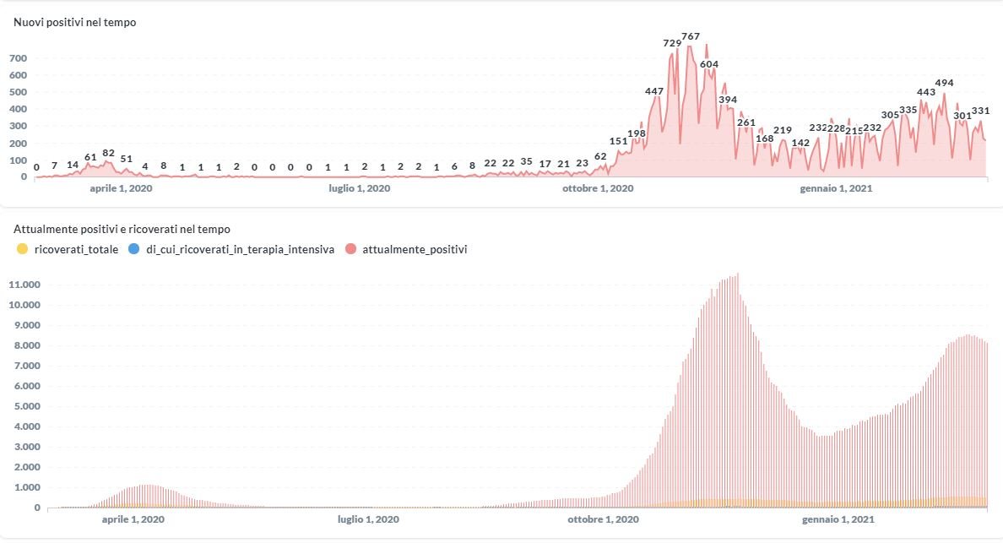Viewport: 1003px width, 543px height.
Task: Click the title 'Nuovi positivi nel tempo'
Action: pos(75,23)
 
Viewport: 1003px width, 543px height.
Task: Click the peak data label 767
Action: pos(691,36)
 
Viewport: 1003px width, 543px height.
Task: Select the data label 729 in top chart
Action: pos(672,43)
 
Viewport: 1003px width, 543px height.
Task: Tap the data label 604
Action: pos(709,64)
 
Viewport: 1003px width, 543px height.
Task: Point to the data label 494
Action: pos(944,83)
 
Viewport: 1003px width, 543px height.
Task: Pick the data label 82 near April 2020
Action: pos(108,153)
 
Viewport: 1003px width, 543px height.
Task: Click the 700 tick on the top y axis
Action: pos(19,58)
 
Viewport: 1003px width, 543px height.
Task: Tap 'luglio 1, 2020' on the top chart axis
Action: pos(360,188)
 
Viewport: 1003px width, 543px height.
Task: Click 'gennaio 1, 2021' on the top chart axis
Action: pos(836,188)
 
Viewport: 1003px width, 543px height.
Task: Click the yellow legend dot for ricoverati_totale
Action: pos(22,249)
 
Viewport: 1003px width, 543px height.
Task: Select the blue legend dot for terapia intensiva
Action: pos(134,249)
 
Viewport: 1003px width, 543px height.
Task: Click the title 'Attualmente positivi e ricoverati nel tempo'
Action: pos(122,229)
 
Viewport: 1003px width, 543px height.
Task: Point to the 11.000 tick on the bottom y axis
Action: pos(24,285)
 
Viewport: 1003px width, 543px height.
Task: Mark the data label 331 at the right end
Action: pos(980,111)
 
